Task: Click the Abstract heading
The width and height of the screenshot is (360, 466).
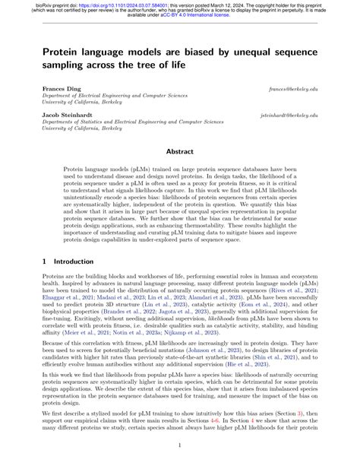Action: coord(180,151)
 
